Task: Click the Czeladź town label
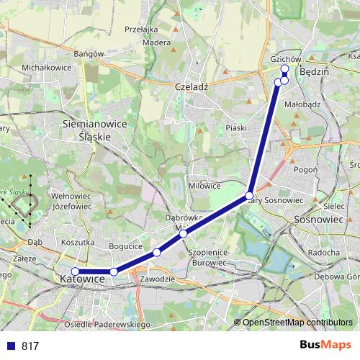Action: [192, 86]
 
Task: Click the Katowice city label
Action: [83, 279]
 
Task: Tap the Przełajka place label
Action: [140, 30]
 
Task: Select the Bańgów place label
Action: [90, 53]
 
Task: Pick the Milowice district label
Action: [204, 185]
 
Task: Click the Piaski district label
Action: [236, 127]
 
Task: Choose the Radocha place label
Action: [323, 253]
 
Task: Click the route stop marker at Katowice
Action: [75, 271]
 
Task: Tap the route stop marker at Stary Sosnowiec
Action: [249, 196]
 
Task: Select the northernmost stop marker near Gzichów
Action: [284, 68]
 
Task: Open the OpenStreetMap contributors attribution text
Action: [297, 323]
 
